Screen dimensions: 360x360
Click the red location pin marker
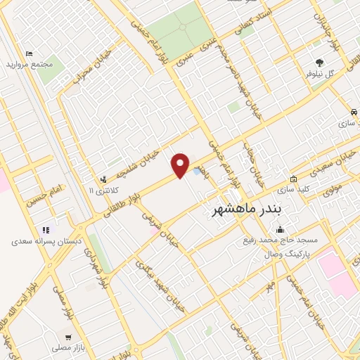[x=181, y=165]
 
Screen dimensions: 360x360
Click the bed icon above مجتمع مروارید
[x=29, y=54]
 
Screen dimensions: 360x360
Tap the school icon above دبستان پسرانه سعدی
[x=46, y=229]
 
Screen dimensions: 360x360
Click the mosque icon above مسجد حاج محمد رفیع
[x=281, y=229]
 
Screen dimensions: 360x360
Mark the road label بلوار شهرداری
[x=98, y=268]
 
